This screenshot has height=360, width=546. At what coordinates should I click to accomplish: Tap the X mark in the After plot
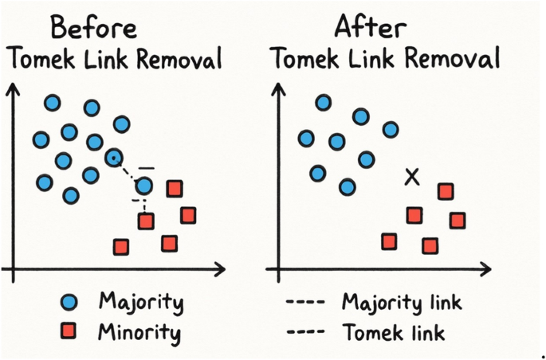click(411, 177)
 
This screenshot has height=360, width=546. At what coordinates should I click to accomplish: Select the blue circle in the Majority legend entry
click(69, 302)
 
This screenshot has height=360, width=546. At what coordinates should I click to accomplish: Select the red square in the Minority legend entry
click(69, 331)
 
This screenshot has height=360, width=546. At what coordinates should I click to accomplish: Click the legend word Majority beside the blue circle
click(141, 303)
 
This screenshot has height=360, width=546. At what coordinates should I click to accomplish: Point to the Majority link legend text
click(402, 303)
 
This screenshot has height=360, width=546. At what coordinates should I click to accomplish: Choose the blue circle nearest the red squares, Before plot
click(144, 186)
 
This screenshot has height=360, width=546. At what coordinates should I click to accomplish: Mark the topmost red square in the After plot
click(446, 191)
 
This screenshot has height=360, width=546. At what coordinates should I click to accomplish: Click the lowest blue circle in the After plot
click(347, 187)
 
